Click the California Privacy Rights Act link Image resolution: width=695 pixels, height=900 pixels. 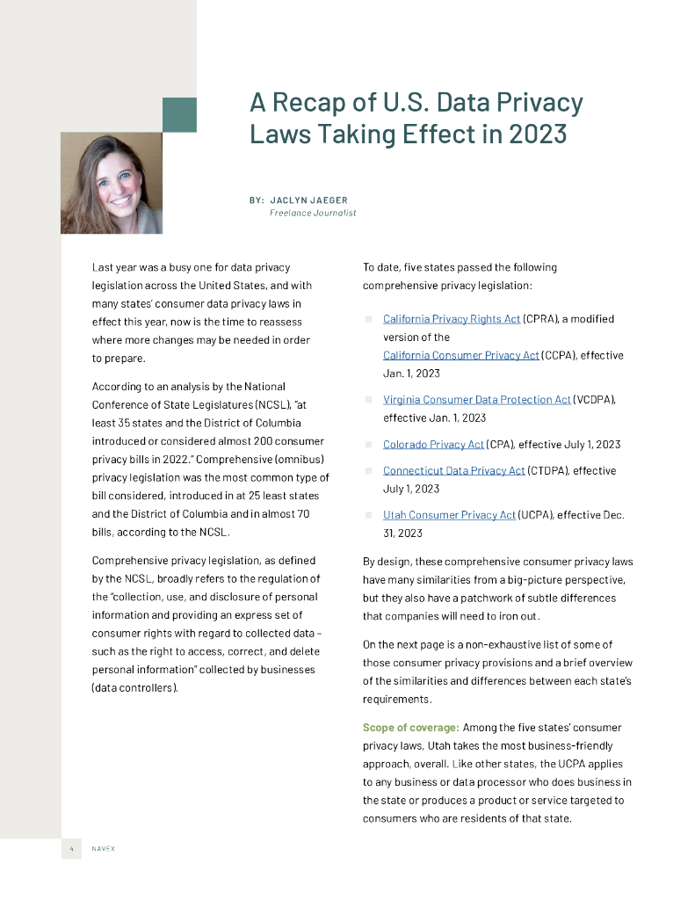(x=452, y=319)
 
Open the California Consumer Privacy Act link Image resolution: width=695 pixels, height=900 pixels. (x=461, y=355)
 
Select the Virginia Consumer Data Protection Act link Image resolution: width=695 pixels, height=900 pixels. (x=477, y=400)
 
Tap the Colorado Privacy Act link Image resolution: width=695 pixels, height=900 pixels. (x=433, y=445)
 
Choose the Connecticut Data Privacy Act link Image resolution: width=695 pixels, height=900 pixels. (x=453, y=471)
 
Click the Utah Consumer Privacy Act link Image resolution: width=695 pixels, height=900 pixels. (x=449, y=515)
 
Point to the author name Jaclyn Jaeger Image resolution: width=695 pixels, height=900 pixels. (x=308, y=200)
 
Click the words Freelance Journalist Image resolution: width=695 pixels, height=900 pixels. (x=313, y=213)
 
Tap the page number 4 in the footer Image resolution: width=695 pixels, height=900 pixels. (x=71, y=848)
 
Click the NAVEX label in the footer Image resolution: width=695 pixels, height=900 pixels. (x=104, y=848)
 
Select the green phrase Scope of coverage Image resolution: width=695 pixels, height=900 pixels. (x=410, y=728)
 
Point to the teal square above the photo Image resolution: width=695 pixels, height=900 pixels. (x=179, y=115)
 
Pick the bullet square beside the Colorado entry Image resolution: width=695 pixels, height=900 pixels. (x=369, y=445)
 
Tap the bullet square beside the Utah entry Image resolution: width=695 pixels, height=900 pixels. (x=369, y=515)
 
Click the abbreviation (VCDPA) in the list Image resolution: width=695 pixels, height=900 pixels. (x=594, y=400)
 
